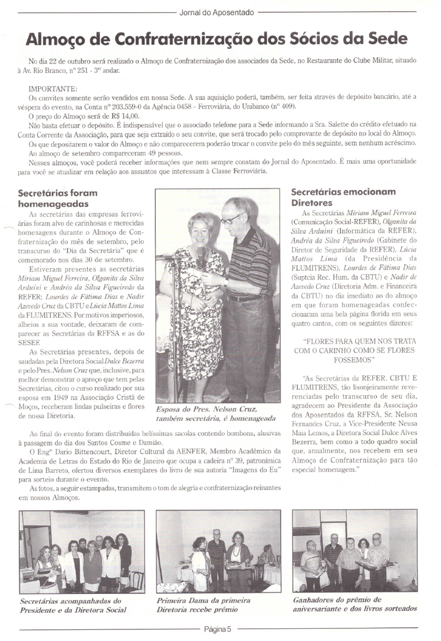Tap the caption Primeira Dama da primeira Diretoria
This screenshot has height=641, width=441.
pyautogui.click(x=204, y=605)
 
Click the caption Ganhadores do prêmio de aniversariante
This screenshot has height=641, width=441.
pyautogui.click(x=355, y=604)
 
